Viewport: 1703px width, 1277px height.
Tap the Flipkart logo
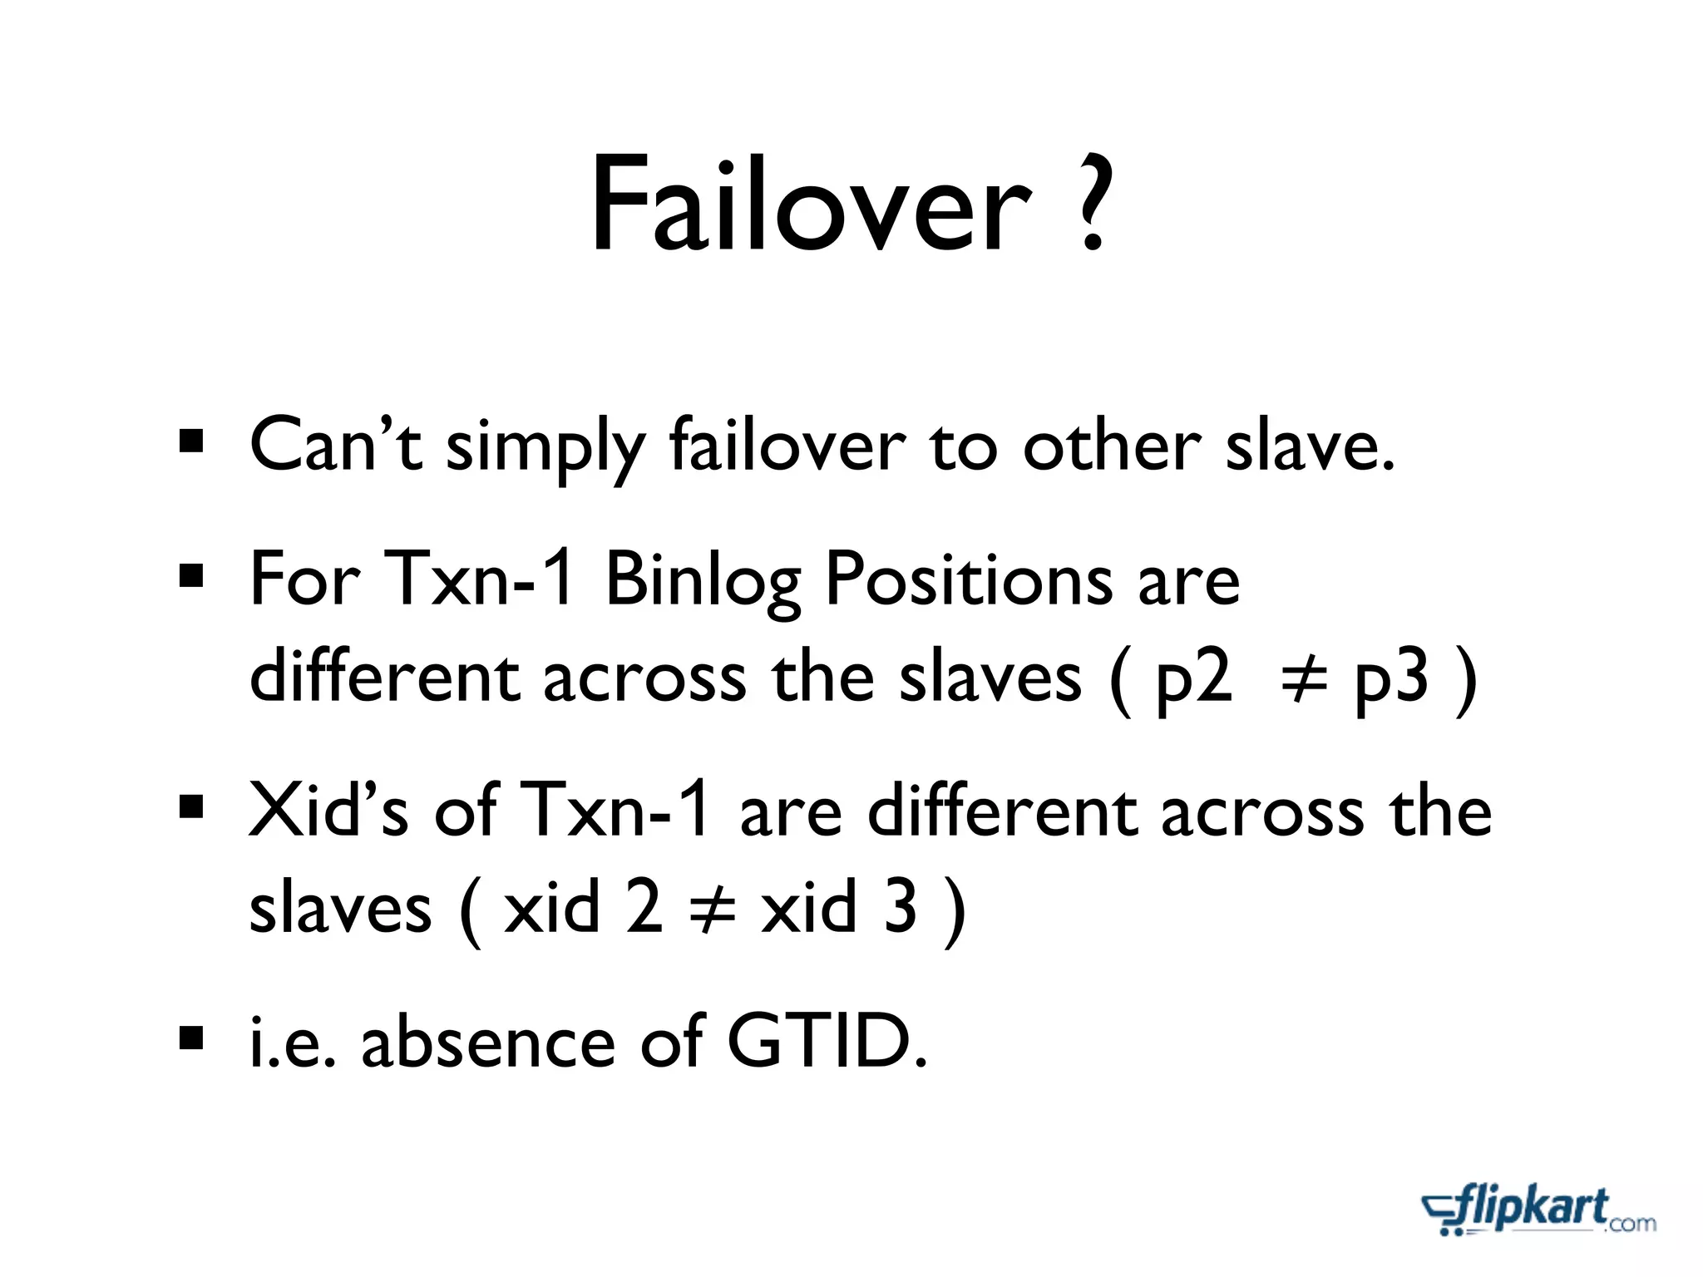[1538, 1210]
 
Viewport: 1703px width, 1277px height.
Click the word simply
[545, 449]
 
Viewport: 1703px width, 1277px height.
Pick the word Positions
[968, 580]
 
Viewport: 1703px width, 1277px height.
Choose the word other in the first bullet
[1112, 446]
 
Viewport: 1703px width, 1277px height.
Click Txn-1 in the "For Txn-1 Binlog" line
[480, 579]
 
